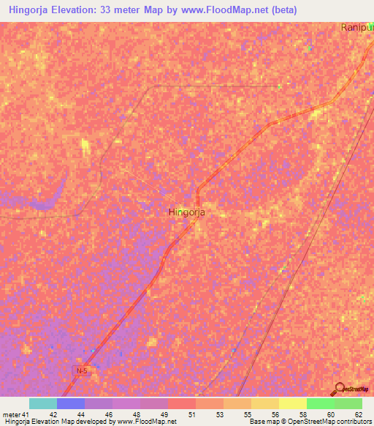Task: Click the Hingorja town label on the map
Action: (186, 212)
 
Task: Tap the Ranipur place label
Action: (356, 27)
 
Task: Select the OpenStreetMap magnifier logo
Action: (340, 388)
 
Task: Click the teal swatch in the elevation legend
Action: (43, 403)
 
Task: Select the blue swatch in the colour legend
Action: (71, 403)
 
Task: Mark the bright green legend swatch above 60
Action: (321, 403)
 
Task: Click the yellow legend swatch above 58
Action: (293, 403)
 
